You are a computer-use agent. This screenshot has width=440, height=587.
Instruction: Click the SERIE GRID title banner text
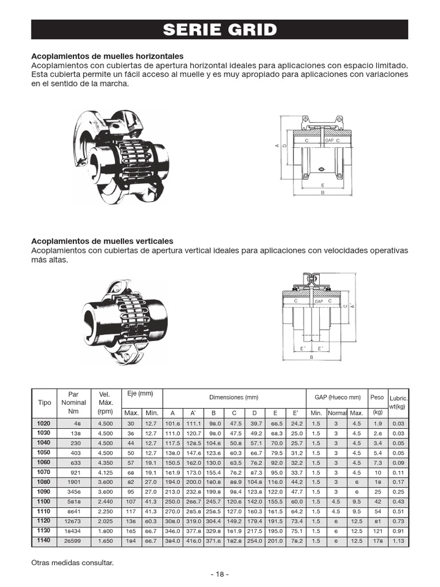click(x=219, y=30)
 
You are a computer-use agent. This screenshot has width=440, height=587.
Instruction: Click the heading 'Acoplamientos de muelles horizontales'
click(x=107, y=56)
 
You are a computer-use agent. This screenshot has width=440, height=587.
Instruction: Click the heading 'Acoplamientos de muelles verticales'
click(x=102, y=241)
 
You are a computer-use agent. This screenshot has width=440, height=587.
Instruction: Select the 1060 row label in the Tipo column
click(x=44, y=462)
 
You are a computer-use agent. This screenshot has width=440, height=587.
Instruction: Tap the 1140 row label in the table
click(x=44, y=540)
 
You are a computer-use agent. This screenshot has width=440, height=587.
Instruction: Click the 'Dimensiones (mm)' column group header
click(x=234, y=397)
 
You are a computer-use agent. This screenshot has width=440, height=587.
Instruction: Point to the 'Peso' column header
click(x=377, y=397)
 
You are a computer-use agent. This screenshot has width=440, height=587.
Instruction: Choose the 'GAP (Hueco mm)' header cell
click(x=337, y=397)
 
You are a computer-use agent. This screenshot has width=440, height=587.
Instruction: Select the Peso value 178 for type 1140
click(x=377, y=541)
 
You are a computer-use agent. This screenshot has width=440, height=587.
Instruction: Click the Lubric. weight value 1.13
click(x=398, y=541)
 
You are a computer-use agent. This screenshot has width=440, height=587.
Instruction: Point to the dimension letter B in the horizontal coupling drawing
click(x=323, y=193)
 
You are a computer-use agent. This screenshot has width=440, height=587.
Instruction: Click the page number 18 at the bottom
click(x=219, y=574)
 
